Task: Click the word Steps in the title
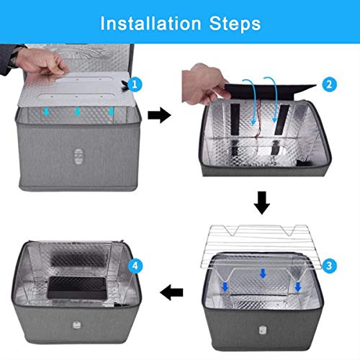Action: pyautogui.click(x=233, y=23)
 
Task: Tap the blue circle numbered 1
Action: pyautogui.click(x=137, y=85)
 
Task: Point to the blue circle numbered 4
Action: pyautogui.click(x=134, y=266)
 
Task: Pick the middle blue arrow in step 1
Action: pyautogui.click(x=78, y=112)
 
